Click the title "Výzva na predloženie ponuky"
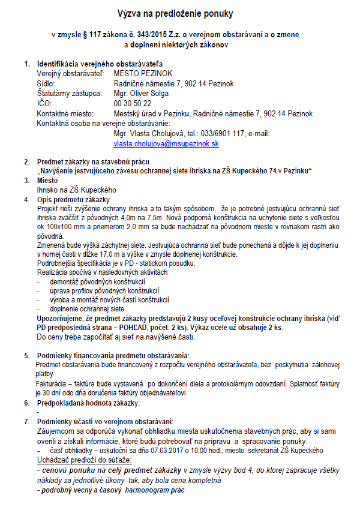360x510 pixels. pos(180,13)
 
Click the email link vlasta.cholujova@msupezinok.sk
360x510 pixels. pos(166,144)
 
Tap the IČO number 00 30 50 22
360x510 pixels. pos(132,104)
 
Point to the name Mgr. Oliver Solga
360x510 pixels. pos(141,94)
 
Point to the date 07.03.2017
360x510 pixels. pos(160,451)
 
